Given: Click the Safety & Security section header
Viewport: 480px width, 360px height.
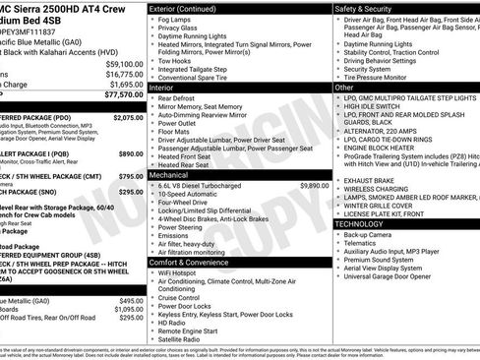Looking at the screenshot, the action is pos(366,8).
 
